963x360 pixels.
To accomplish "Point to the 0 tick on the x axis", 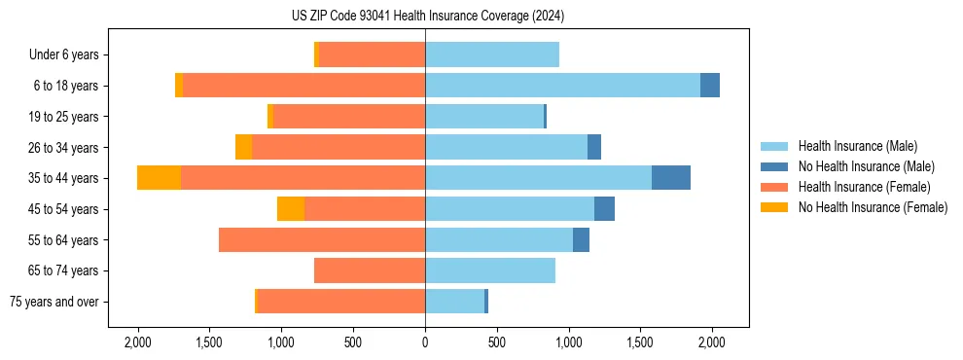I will tap(425, 342).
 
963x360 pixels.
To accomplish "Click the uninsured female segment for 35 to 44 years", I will tap(159, 178).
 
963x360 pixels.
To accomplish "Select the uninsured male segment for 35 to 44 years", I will tap(671, 178).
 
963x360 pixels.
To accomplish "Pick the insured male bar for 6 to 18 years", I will tap(562, 86).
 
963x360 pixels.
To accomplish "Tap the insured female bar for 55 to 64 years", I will tap(322, 239).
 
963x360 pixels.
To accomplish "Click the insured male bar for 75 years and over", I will tap(454, 302).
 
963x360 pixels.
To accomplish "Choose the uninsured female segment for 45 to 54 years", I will tap(291, 209).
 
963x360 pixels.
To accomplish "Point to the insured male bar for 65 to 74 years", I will tap(490, 270).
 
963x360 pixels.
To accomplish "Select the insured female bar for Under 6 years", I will tap(372, 54).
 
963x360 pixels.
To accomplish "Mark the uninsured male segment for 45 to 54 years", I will tap(604, 209).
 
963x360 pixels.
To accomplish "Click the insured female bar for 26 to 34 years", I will tap(339, 147).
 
